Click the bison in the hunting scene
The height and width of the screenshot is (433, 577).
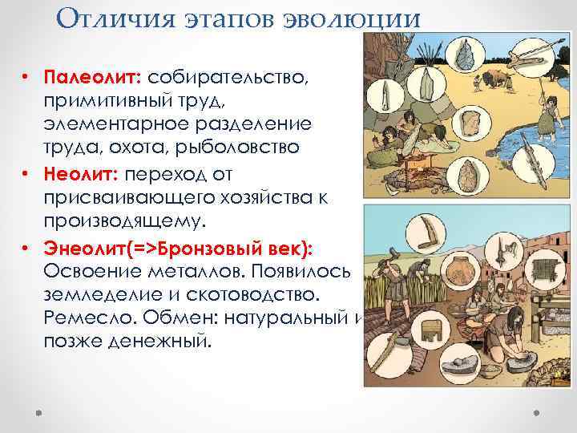[497, 79]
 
